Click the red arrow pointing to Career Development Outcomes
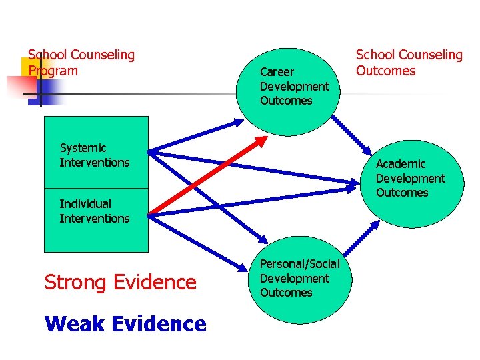point(207,176)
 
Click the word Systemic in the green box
point(83,148)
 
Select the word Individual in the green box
point(85,204)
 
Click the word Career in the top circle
point(277,72)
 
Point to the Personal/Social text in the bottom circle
point(299,264)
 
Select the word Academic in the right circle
point(401,164)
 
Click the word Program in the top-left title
point(53,71)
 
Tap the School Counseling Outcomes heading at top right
point(409,63)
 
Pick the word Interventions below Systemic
point(95,163)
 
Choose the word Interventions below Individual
point(95,219)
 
